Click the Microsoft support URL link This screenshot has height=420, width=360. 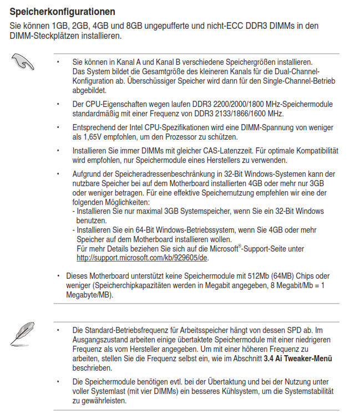point(143,258)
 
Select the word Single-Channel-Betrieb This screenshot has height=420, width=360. point(270,80)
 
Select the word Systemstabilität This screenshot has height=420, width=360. point(307,391)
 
